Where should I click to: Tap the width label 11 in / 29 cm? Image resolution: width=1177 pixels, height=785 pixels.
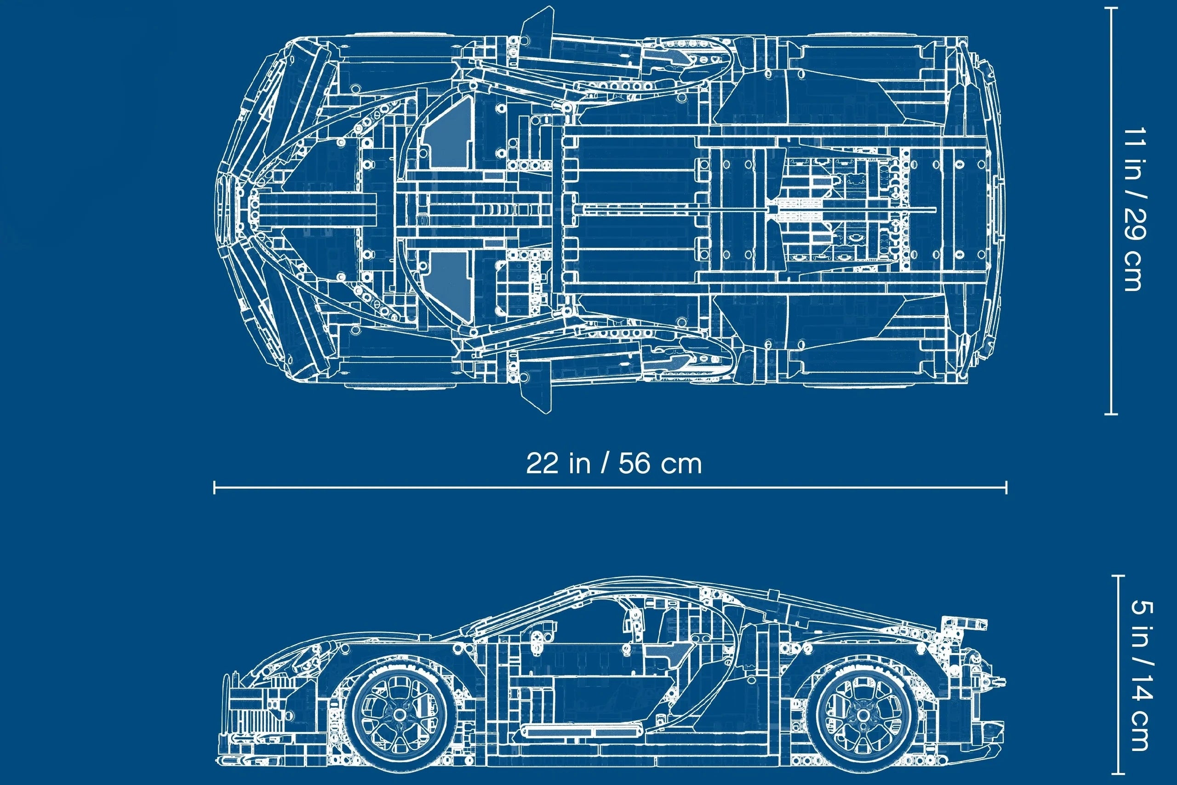pos(1133,209)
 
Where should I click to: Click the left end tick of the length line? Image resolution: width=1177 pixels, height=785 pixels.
pos(215,487)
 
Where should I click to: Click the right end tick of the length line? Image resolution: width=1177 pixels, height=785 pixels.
pos(1006,487)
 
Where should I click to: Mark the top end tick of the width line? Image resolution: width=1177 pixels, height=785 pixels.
pos(1111,8)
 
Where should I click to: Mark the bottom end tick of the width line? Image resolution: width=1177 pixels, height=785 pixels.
pos(1111,414)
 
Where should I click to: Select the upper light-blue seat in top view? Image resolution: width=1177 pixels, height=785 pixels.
pos(449,133)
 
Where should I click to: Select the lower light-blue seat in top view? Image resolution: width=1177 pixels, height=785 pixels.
pos(449,286)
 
